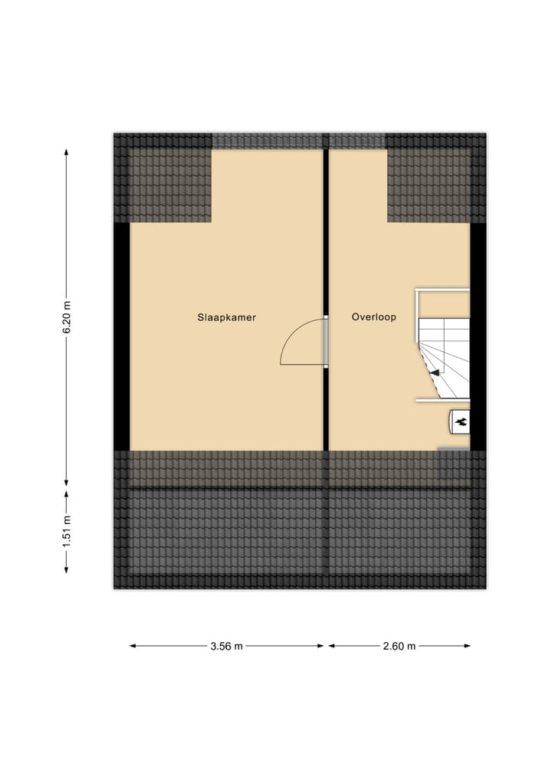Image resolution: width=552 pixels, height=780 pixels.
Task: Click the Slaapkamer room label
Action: [x=226, y=316]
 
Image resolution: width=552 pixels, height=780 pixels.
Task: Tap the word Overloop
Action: [x=374, y=316]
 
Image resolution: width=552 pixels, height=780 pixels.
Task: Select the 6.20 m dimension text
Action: [x=67, y=316]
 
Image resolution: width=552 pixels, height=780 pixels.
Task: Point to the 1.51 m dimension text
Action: [x=67, y=529]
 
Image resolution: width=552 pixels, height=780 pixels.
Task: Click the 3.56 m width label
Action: [x=226, y=646]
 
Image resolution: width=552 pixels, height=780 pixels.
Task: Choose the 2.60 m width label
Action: [x=399, y=646]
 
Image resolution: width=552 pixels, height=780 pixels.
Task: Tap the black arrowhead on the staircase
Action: [x=434, y=372]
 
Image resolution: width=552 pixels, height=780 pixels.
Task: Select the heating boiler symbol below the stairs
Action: [x=460, y=421]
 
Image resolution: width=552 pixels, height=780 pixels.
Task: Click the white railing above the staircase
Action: [x=442, y=290]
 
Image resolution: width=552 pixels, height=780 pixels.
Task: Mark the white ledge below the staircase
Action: [x=442, y=400]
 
